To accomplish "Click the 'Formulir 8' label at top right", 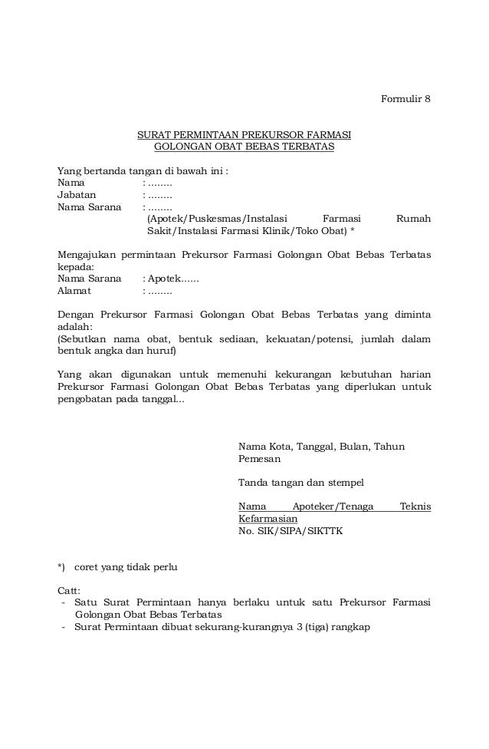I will [x=406, y=99].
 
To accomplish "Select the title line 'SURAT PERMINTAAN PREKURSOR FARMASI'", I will [x=244, y=135].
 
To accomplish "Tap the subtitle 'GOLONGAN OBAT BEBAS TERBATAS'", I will [x=244, y=147].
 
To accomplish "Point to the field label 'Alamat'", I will [x=74, y=291].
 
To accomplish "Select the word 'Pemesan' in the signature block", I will [x=259, y=459].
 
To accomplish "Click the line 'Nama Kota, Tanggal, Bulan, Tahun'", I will [x=322, y=447].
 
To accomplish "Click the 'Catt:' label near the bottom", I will [x=69, y=591].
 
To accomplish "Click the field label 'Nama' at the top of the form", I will [x=71, y=183].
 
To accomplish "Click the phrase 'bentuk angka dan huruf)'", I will [x=117, y=351].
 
